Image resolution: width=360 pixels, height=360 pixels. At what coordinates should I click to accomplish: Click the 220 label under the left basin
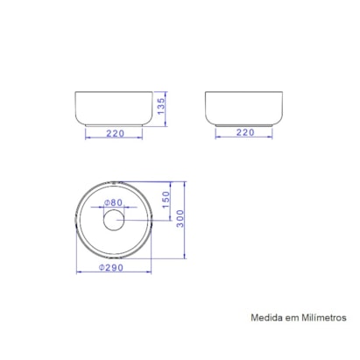(x=113, y=132)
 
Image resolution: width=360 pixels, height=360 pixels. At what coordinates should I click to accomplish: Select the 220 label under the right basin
(x=244, y=132)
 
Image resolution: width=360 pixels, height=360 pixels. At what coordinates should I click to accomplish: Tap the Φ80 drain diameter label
(x=112, y=203)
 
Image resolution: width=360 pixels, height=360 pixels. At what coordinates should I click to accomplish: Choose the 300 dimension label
(x=180, y=221)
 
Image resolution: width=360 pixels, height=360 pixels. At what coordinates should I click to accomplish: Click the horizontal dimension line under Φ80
(x=113, y=209)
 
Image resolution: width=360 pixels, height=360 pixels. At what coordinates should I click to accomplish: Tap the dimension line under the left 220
(x=113, y=138)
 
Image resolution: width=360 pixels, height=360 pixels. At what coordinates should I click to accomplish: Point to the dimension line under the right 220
(x=244, y=138)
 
